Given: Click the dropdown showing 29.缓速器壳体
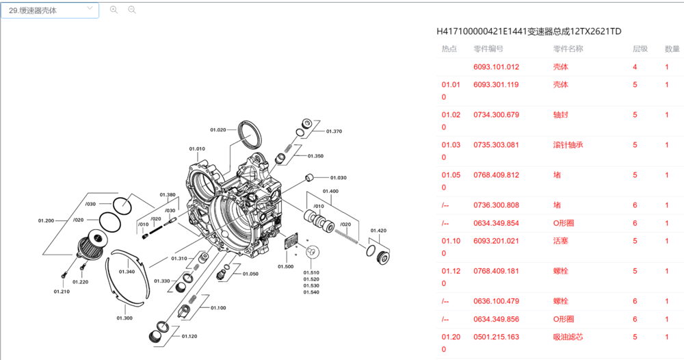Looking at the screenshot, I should tap(49, 10).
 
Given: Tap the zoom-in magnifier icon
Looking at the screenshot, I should tap(114, 10).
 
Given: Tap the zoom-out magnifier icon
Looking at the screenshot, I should tap(132, 10).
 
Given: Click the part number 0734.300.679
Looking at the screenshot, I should tap(496, 115).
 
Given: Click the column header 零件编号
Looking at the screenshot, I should tap(488, 49).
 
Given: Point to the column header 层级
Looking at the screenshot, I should tap(640, 49).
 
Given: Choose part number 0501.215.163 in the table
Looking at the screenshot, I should tap(496, 337).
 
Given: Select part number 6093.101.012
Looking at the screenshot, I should tap(496, 67).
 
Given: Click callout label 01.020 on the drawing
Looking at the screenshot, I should tap(218, 130).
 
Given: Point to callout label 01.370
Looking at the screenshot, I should tap(334, 131).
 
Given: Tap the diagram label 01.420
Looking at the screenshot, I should tap(378, 231).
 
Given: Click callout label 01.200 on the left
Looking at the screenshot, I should tap(46, 220).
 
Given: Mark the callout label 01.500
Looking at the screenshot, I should tap(285, 266).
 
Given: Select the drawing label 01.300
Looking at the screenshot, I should tap(124, 318).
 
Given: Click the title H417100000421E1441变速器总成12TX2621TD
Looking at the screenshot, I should tap(529, 31).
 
